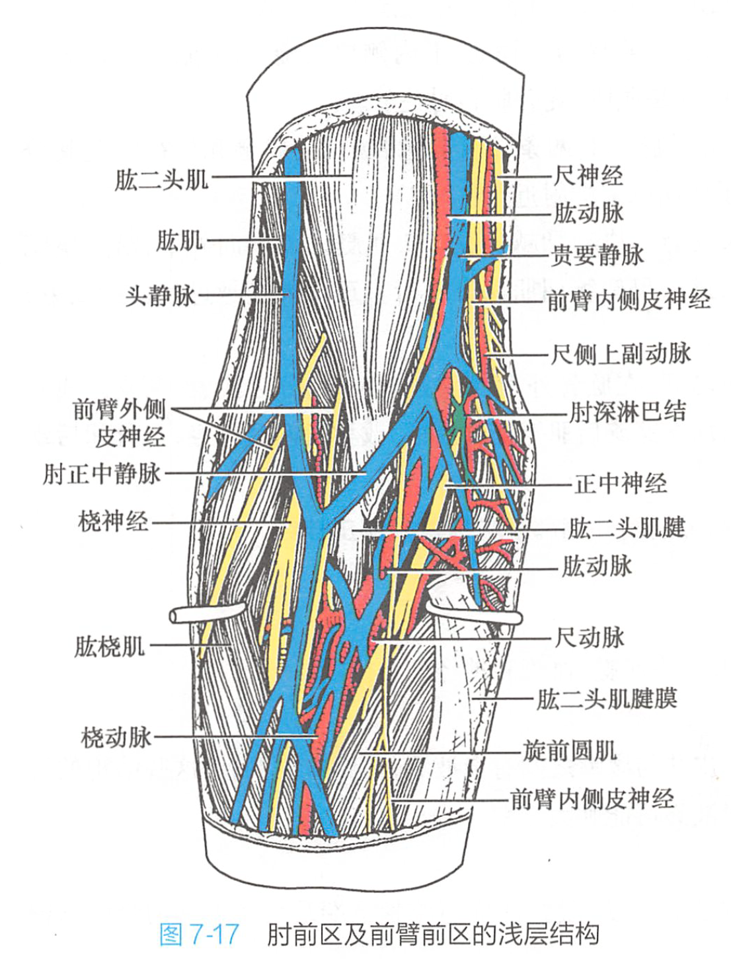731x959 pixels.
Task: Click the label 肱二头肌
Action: pos(161,179)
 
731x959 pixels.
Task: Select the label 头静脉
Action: pos(161,295)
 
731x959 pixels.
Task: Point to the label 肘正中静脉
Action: pos(102,474)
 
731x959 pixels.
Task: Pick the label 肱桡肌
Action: pos(110,645)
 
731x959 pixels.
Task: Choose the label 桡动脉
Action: pos(116,736)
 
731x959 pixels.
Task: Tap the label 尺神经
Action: pos(588,176)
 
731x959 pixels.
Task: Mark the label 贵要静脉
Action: pos(597,254)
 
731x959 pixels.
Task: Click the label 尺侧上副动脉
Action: pos(621,354)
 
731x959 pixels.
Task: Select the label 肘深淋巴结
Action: pos(628,412)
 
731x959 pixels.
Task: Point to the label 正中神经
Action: pos(621,483)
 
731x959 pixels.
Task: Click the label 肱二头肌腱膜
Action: pos(606,698)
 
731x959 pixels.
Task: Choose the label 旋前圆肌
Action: pos(570,750)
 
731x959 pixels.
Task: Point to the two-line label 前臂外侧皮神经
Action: pos(120,423)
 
